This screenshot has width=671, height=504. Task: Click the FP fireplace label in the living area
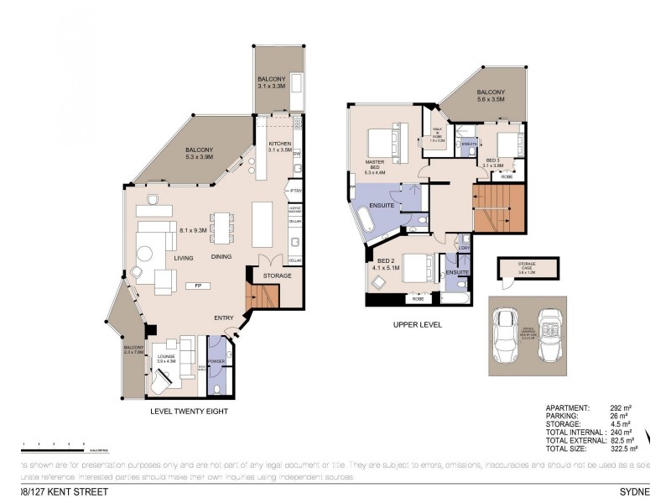(198, 286)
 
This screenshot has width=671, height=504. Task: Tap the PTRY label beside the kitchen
(295, 192)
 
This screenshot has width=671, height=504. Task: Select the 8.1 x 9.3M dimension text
(194, 228)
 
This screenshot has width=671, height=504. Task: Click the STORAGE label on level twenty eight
(277, 275)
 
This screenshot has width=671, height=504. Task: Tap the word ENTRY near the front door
(224, 318)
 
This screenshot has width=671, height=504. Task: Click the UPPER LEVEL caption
(417, 323)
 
